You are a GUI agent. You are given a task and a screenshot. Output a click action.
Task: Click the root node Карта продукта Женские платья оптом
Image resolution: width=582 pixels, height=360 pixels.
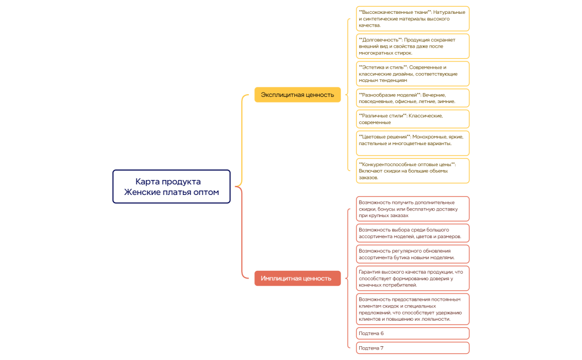pyautogui.click(x=171, y=187)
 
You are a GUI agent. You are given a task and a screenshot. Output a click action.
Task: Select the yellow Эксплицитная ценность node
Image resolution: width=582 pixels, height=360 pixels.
pyautogui.click(x=297, y=95)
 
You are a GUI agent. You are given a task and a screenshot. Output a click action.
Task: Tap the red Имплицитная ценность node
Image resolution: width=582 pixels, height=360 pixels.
pyautogui.click(x=297, y=278)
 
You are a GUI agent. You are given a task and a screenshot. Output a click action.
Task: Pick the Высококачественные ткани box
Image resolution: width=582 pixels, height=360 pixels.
pyautogui.click(x=413, y=18)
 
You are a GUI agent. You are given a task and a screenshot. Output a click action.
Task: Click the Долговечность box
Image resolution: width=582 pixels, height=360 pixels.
pyautogui.click(x=413, y=46)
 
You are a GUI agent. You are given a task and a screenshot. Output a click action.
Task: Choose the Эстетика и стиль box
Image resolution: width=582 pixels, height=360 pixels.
pyautogui.click(x=413, y=74)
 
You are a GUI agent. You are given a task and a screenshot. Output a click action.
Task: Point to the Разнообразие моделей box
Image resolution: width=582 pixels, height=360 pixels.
pyautogui.click(x=413, y=98)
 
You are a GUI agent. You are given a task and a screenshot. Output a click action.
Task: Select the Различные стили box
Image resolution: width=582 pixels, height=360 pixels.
pyautogui.click(x=413, y=119)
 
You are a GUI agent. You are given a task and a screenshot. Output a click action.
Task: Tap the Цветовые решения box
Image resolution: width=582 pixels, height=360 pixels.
pyautogui.click(x=413, y=143)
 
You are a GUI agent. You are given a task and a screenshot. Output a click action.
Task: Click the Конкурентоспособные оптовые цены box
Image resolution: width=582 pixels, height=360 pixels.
pyautogui.click(x=413, y=171)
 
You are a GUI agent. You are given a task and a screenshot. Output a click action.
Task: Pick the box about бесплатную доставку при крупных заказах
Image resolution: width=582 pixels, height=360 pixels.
pyautogui.click(x=413, y=209)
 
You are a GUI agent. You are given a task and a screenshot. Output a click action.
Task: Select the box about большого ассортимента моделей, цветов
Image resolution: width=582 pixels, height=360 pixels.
pyautogui.click(x=413, y=233)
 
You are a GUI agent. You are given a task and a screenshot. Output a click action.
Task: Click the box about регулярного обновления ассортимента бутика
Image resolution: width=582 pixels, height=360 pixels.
pyautogui.click(x=413, y=254)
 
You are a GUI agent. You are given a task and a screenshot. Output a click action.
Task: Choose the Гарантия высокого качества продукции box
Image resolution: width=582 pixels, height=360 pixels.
pyautogui.click(x=413, y=278)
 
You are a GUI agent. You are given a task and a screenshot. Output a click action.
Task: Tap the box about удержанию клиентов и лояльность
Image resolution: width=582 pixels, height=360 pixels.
pyautogui.click(x=413, y=308)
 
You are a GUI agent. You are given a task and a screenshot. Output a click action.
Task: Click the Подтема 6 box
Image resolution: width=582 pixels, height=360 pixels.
pyautogui.click(x=413, y=333)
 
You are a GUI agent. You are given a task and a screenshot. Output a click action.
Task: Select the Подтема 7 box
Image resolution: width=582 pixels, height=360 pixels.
pyautogui.click(x=413, y=348)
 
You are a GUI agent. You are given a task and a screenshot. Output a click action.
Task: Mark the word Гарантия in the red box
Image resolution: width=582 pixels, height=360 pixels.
pyautogui.click(x=371, y=271)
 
